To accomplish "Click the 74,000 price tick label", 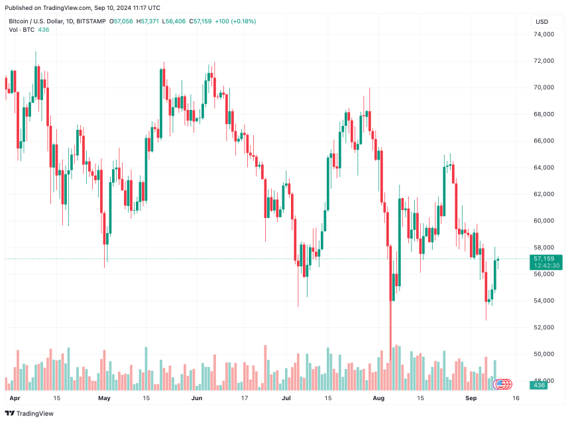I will point(544,34).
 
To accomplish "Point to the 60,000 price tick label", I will point(544,221).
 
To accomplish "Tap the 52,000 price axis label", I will point(544,327).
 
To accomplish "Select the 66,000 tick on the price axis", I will point(544,140).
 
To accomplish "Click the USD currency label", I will point(541,21).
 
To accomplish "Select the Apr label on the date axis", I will point(15,399).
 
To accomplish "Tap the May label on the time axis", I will point(104,399).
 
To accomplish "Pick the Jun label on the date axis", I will point(196,399).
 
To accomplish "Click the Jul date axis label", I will point(286,399).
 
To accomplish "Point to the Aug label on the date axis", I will point(378,399).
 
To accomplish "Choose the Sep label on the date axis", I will point(471,399).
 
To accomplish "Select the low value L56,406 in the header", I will point(174,21).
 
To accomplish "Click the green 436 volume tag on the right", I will point(539,385).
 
